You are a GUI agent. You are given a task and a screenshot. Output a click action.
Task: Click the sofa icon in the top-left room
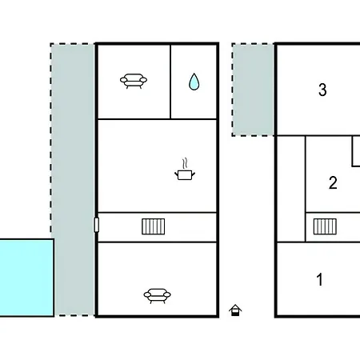[134, 81]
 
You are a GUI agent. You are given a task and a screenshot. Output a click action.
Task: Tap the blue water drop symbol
[194, 82]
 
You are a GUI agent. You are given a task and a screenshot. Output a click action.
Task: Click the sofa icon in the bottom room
[157, 296]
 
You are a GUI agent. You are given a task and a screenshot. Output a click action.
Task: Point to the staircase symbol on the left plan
[154, 226]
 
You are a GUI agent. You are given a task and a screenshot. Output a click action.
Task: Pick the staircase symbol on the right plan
[325, 226]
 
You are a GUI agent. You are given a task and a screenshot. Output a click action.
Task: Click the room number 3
[322, 90]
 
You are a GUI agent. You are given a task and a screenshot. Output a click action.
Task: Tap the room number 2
[333, 182]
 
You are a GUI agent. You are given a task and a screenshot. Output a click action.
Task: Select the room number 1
[320, 279]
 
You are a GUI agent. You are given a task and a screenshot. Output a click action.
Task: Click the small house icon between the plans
[235, 310]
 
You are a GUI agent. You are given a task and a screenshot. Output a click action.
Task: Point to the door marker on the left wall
[97, 225]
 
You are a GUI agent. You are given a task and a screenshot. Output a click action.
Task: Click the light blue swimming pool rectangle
[26, 278]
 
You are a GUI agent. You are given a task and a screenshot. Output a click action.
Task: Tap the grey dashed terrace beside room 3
[253, 90]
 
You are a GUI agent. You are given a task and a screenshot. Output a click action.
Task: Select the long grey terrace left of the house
[73, 179]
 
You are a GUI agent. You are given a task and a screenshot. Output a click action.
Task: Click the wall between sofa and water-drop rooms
[170, 82]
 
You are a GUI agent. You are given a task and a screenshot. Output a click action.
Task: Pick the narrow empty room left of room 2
[291, 189]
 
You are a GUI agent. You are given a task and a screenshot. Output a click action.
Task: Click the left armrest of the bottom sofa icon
[147, 294]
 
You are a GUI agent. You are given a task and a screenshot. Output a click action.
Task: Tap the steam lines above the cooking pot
[185, 163]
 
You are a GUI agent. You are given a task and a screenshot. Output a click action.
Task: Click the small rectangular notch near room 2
[356, 151]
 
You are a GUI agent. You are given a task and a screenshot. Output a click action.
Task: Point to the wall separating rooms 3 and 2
[318, 136]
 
